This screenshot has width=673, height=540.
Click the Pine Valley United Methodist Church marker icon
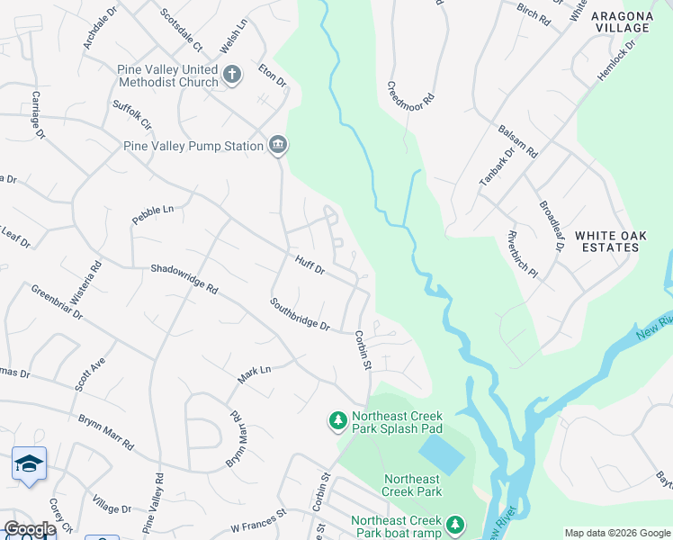pos(232,75)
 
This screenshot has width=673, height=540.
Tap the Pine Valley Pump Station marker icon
pos(277,145)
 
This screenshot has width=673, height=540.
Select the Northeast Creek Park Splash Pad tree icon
pos(337,420)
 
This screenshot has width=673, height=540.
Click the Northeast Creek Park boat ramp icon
pos(455,524)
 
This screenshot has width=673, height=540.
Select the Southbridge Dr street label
pos(300,314)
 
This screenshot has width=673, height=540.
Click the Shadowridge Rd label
pos(184,279)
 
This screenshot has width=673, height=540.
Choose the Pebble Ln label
pos(151,215)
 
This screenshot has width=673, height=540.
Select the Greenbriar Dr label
pos(57,303)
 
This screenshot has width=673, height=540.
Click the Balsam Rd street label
pos(517,140)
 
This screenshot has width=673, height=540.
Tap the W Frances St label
pos(257,519)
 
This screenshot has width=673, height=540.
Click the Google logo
pos(29,529)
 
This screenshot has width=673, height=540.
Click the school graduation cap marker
pos(29,463)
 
